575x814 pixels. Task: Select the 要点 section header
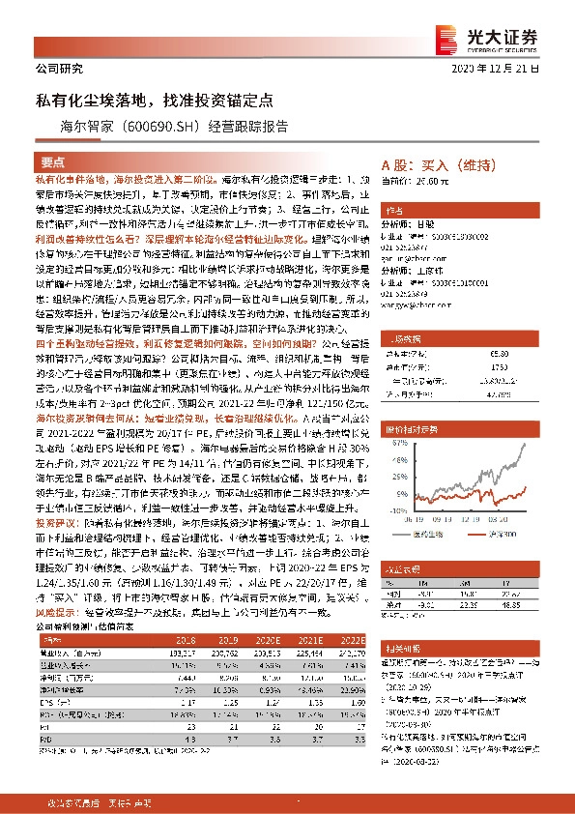tap(54, 161)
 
